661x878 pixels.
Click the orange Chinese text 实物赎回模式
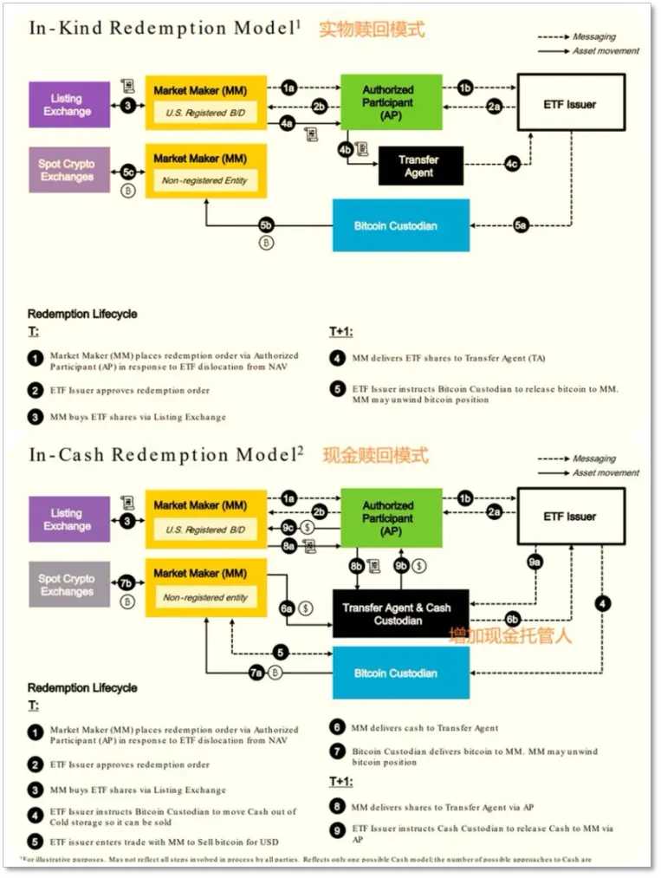(x=372, y=29)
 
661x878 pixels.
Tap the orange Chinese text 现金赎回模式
(x=375, y=454)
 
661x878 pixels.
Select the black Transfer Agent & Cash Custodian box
(x=399, y=614)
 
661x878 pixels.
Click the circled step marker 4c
(x=513, y=163)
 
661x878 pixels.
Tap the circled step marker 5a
(x=521, y=225)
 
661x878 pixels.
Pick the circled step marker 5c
(x=128, y=172)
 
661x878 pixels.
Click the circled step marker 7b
(x=126, y=583)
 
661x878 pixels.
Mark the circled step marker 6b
(x=512, y=619)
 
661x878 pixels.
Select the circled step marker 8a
(x=288, y=546)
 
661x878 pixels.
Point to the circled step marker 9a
(x=535, y=563)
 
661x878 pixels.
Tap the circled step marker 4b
(x=346, y=149)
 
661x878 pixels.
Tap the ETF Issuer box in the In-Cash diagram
(x=570, y=517)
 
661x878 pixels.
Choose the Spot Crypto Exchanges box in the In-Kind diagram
(x=67, y=170)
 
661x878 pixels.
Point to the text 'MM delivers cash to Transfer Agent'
(x=424, y=728)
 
